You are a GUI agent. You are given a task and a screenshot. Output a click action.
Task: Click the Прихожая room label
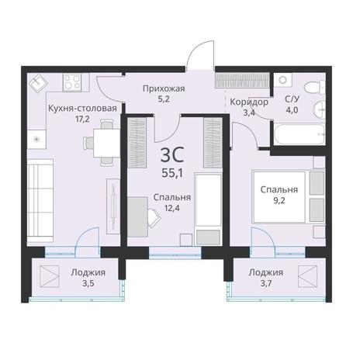(164, 88)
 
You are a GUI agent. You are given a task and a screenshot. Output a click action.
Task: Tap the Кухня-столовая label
(82, 108)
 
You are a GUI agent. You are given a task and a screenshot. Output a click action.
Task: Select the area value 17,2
(82, 119)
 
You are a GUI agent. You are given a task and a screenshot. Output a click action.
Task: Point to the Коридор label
(249, 102)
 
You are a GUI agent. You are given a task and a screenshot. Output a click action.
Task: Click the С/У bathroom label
(292, 99)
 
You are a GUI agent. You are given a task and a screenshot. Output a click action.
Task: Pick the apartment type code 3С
(172, 154)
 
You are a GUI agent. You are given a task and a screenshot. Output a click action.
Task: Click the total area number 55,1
(172, 173)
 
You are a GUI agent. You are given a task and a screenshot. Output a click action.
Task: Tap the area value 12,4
(172, 208)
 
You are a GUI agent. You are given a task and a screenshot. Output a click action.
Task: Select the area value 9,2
(279, 200)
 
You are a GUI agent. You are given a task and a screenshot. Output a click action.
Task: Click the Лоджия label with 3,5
(88, 272)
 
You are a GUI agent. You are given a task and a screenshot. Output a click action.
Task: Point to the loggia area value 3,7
(266, 284)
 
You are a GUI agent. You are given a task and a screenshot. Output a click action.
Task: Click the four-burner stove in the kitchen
(72, 82)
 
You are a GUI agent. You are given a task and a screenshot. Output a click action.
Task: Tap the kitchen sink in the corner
(38, 83)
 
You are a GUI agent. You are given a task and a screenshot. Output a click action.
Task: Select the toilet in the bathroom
(315, 88)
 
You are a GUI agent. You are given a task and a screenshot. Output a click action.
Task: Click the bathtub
(299, 134)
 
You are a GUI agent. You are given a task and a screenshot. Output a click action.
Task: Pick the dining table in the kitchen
(106, 143)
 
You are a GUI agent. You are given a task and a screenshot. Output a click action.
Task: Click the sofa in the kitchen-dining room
(40, 200)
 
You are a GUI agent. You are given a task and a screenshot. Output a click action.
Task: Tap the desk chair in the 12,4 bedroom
(154, 218)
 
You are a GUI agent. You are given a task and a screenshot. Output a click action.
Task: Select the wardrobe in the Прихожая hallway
(242, 81)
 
